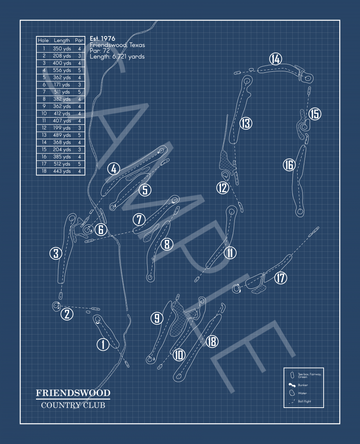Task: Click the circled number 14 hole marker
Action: [x=275, y=59]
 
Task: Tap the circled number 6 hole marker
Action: [x=101, y=229]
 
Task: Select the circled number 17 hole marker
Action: [x=281, y=278]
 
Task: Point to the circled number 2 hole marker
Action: [x=67, y=314]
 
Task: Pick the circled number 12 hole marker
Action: [x=223, y=188]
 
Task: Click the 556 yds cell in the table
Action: [x=62, y=70]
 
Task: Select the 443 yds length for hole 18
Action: [x=62, y=171]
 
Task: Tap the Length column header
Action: [x=62, y=40]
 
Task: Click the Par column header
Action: [x=79, y=40]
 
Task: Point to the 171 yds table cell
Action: [x=62, y=85]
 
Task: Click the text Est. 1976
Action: [x=102, y=39]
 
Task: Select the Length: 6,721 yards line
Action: [x=117, y=57]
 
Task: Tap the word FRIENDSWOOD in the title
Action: [x=73, y=393]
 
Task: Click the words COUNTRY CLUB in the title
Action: [x=73, y=405]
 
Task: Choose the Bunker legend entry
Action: [x=298, y=385]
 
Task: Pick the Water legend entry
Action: [x=298, y=393]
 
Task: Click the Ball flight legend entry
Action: [x=300, y=401]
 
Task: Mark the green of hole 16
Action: [x=300, y=212]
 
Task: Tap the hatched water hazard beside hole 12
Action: [x=226, y=162]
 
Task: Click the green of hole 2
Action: [x=56, y=306]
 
